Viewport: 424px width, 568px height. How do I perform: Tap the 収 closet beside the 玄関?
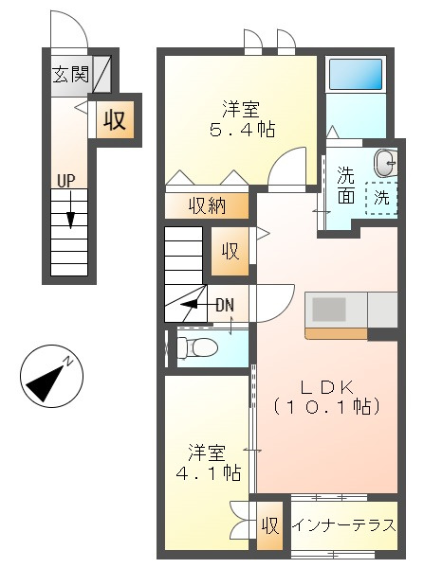(x=116, y=120)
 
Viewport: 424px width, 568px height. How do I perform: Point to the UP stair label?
(x=66, y=180)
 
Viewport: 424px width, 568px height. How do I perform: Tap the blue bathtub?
(x=355, y=75)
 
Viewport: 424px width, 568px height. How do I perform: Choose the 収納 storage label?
(x=206, y=204)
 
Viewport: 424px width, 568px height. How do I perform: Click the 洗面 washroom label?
(x=346, y=186)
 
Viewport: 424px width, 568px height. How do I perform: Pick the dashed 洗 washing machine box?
(x=381, y=199)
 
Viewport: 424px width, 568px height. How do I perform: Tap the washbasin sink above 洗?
(x=386, y=163)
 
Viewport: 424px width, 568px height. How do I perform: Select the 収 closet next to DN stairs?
(x=230, y=251)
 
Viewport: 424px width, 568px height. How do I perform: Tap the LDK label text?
(x=326, y=387)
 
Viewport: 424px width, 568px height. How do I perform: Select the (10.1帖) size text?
(x=326, y=407)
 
